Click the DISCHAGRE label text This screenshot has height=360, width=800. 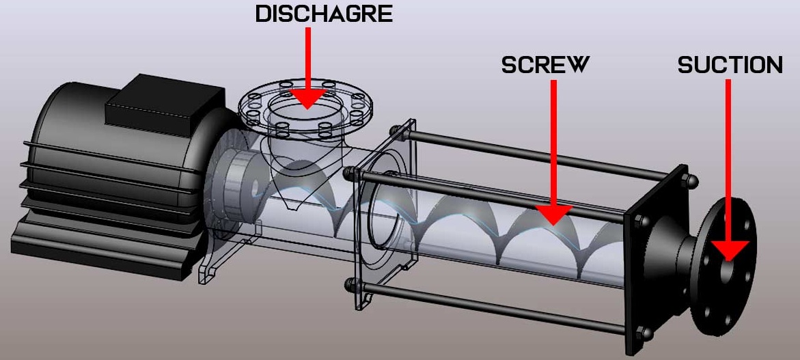[324, 14]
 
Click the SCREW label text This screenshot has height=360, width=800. [544, 65]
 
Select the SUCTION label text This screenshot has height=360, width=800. [730, 65]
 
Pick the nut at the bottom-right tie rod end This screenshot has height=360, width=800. [645, 333]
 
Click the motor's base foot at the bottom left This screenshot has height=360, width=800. [102, 256]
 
